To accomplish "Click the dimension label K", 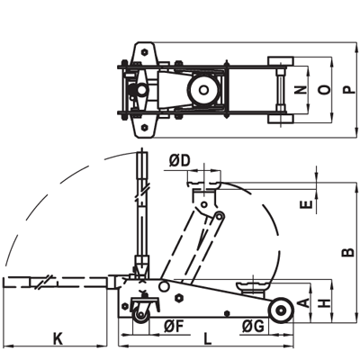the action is coord(58,338).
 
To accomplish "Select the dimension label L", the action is coord(208,338).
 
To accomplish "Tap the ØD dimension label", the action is coord(179,161).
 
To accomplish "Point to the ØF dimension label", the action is coord(174,327).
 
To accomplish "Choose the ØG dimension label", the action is coord(254,327).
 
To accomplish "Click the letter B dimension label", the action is coord(348,252).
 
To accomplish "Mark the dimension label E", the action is coord(306,204).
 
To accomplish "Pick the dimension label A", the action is coord(304,302).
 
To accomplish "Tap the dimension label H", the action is coord(325,303).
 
